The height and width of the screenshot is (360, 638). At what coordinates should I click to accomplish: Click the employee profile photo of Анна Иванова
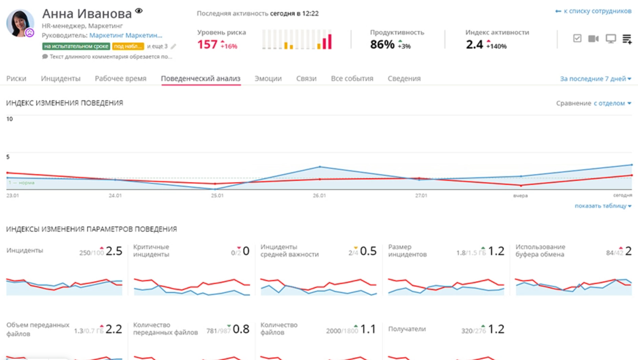[20, 23]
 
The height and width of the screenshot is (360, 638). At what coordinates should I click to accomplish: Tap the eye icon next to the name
[139, 11]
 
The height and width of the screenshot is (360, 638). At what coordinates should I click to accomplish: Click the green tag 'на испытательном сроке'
[76, 46]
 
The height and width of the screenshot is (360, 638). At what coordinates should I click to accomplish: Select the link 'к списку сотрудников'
[593, 11]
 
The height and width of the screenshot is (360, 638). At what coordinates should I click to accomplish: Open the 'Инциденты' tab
[61, 79]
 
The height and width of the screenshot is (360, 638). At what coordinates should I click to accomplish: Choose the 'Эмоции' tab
[268, 79]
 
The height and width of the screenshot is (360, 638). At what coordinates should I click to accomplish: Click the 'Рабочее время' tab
[120, 79]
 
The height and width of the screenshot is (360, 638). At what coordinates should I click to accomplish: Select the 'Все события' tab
[352, 79]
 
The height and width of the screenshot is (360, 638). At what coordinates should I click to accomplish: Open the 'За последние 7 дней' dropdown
[595, 79]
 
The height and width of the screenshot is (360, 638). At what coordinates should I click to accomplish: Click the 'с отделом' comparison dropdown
[612, 104]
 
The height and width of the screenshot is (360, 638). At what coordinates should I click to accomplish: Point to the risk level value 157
[207, 45]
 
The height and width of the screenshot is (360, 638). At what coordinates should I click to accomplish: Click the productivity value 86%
[382, 45]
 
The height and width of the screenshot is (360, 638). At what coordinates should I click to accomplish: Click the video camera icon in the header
[593, 39]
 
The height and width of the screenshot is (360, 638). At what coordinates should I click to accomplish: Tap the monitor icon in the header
[611, 39]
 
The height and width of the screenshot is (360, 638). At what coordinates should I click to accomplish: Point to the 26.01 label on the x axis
[319, 196]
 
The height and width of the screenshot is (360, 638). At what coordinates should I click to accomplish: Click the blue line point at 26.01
[320, 167]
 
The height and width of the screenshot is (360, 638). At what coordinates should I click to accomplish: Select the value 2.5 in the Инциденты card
[114, 251]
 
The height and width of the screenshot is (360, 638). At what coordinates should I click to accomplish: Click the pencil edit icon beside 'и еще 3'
[173, 47]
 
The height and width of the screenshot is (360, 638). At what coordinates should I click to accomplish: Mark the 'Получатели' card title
[407, 329]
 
